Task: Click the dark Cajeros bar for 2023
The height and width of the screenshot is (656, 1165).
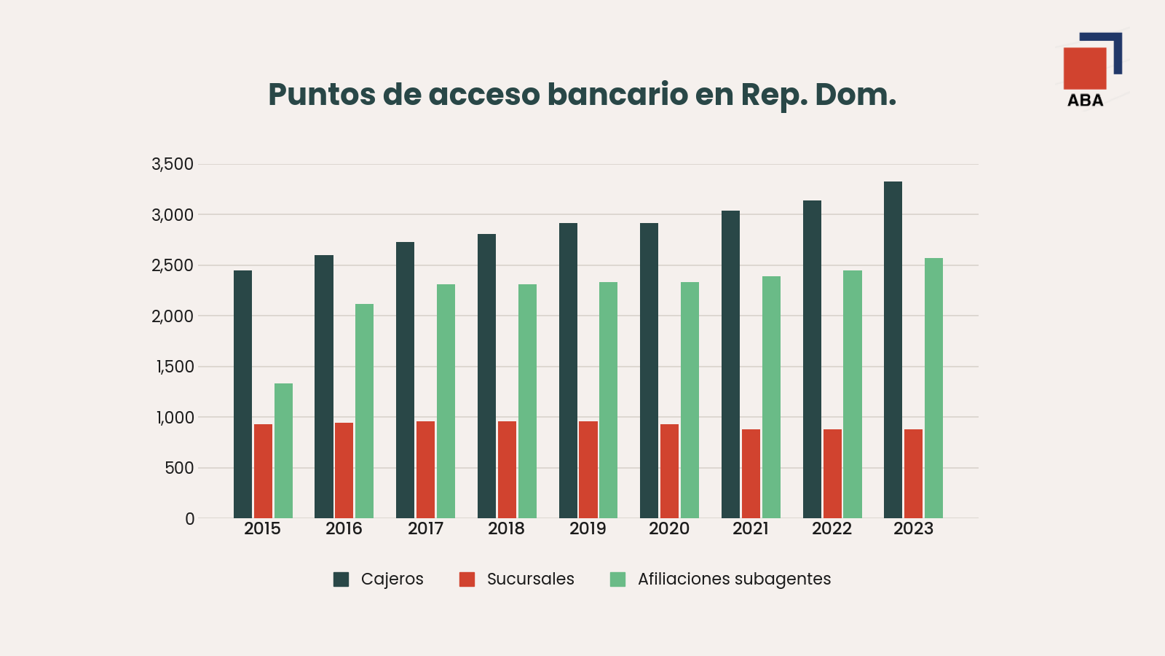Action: (893, 350)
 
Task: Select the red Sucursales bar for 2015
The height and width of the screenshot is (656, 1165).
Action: (263, 471)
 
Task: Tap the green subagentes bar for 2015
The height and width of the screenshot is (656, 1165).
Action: (283, 451)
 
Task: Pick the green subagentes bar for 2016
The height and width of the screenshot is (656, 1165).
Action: (365, 411)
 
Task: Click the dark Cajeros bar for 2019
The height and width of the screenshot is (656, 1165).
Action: (568, 371)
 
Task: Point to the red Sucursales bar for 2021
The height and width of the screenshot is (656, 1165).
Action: (751, 474)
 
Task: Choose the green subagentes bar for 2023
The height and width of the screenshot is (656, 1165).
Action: (933, 388)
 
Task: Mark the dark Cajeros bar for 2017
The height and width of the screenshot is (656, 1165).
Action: (405, 380)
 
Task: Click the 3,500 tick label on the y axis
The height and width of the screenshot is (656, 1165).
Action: (172, 165)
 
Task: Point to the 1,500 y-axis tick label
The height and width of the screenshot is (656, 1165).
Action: (175, 367)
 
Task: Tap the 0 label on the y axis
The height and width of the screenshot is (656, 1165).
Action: (190, 519)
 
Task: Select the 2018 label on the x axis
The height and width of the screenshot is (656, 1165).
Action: (506, 529)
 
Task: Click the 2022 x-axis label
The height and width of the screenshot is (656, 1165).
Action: (832, 529)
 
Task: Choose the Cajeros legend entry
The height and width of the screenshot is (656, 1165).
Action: (378, 579)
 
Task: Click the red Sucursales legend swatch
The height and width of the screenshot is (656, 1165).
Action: (467, 579)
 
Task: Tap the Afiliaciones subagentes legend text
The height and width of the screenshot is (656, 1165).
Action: (735, 579)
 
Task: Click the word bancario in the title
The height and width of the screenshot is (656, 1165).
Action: (617, 95)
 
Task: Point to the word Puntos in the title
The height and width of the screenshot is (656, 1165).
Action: (322, 95)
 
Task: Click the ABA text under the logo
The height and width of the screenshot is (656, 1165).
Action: (1086, 101)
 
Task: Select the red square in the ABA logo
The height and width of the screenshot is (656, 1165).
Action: (1085, 69)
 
